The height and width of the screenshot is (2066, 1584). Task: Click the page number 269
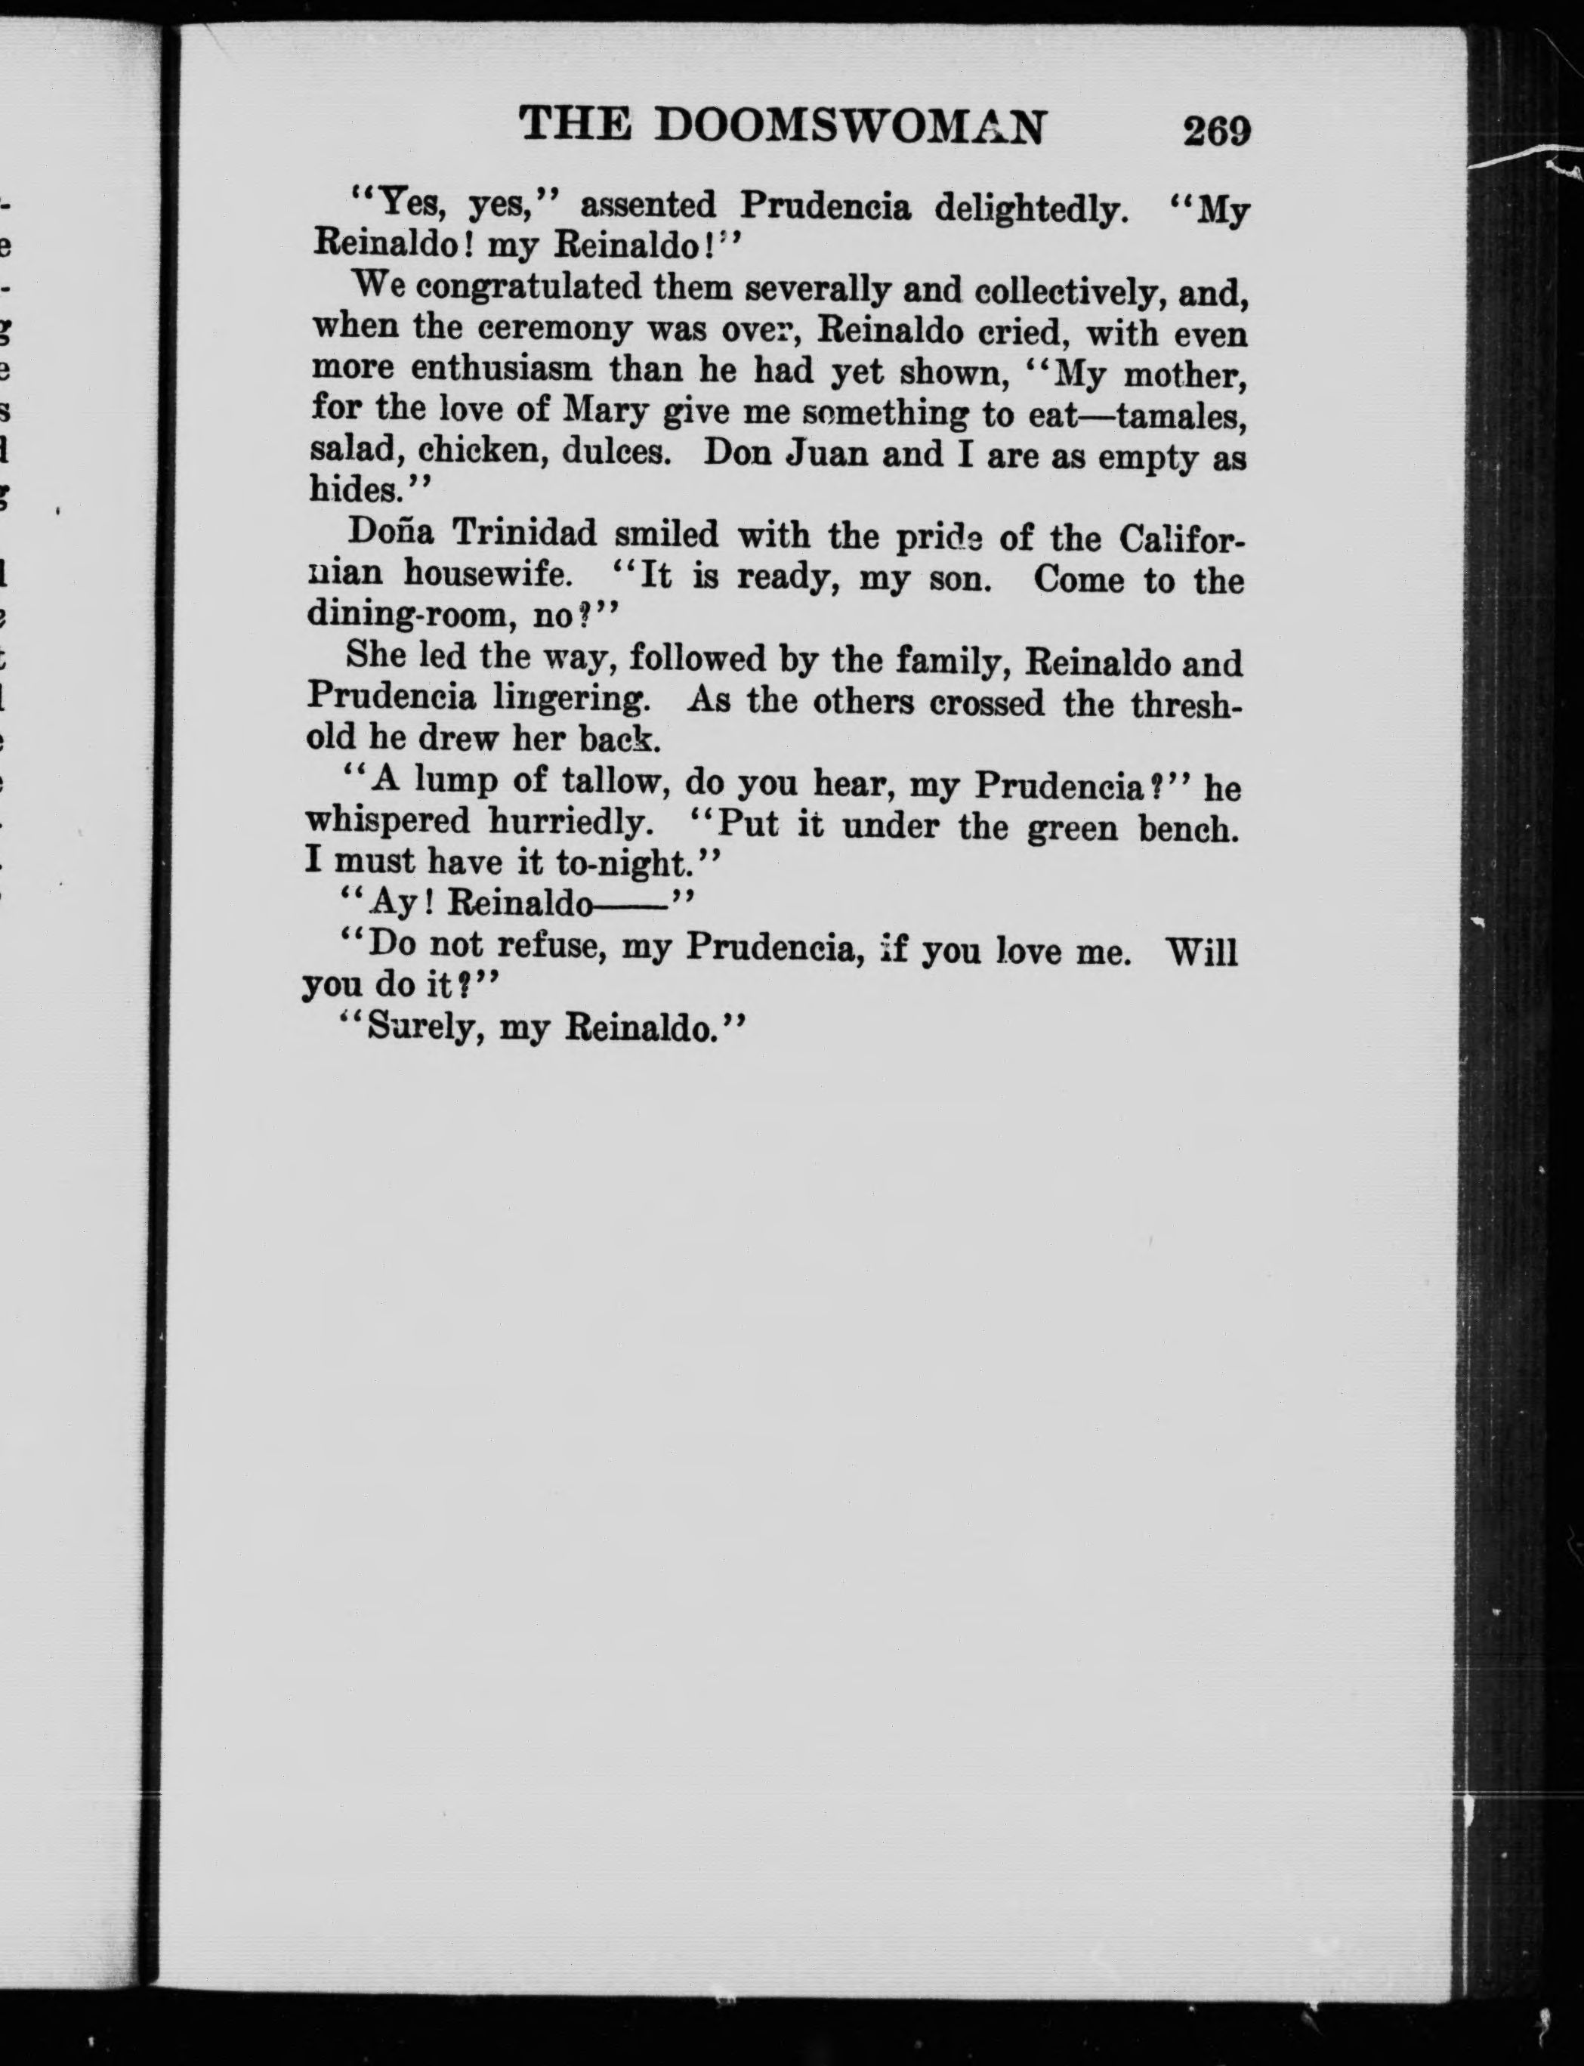coord(1216,131)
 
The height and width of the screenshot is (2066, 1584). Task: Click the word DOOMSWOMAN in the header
coord(850,126)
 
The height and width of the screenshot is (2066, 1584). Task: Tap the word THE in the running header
coord(574,125)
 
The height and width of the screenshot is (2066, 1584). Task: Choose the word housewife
coord(486,573)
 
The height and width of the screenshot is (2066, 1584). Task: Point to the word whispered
coord(388,821)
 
